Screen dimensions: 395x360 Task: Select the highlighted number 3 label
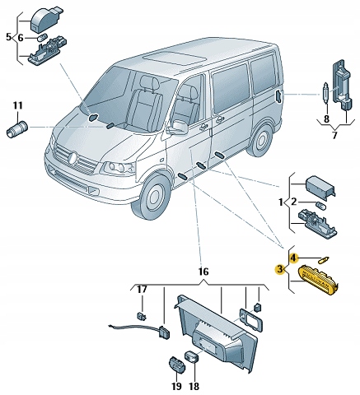(280, 269)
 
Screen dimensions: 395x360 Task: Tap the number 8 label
(326, 119)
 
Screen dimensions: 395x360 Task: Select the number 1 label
(280, 202)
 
